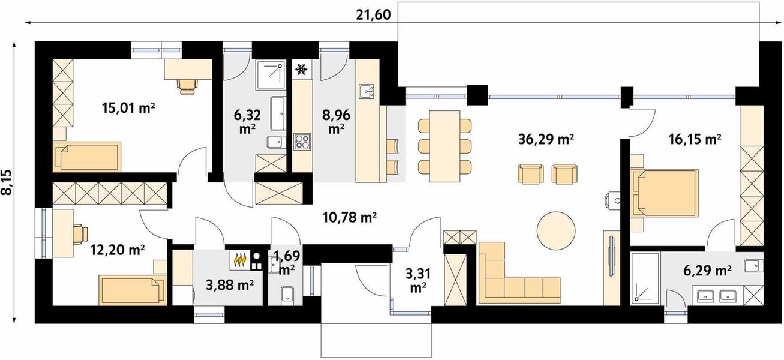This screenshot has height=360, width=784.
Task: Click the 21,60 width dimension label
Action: [x=373, y=15]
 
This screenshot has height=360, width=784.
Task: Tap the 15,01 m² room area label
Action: [x=128, y=108]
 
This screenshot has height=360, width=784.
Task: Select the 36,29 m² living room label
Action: [x=546, y=139]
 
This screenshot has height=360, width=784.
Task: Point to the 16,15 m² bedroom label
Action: [x=695, y=139]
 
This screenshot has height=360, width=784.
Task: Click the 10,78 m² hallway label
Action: [x=349, y=217]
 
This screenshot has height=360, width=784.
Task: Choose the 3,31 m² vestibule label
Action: [x=418, y=280]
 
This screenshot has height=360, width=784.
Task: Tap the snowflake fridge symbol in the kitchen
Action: [x=301, y=70]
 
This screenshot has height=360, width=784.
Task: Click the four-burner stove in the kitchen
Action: [x=302, y=142]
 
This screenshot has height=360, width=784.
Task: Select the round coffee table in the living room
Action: [x=556, y=230]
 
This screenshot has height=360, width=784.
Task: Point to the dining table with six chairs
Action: [x=444, y=146]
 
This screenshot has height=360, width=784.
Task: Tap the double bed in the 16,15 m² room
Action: [x=664, y=192]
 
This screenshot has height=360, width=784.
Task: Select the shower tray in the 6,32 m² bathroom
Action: [x=269, y=74]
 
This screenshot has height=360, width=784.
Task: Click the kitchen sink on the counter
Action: [x=366, y=92]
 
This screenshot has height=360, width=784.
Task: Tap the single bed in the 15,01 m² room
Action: [x=87, y=157]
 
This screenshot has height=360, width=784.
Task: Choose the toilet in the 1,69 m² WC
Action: [x=287, y=295]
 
